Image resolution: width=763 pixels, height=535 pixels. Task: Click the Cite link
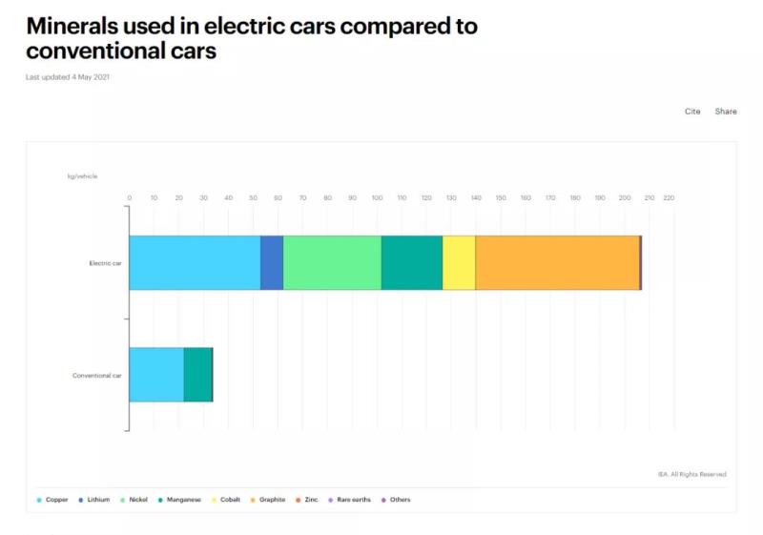(x=692, y=112)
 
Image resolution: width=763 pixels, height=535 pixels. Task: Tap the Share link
(x=726, y=112)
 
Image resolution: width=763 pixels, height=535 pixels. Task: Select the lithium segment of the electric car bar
(x=272, y=262)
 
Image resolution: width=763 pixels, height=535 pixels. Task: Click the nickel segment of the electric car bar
(x=332, y=262)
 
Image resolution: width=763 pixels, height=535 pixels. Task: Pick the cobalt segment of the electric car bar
(x=459, y=262)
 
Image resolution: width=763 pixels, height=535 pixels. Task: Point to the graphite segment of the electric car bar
(x=557, y=262)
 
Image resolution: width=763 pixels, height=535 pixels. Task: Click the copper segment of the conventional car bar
(x=156, y=375)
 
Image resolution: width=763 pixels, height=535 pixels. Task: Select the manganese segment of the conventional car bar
(x=197, y=375)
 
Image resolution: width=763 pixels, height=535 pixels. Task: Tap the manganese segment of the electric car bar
(x=412, y=262)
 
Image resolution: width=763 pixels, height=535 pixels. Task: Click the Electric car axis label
(x=105, y=263)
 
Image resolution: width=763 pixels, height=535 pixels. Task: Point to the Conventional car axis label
(x=97, y=376)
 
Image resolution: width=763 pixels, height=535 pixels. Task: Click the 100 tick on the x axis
(x=377, y=198)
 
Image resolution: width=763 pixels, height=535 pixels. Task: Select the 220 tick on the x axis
(x=669, y=198)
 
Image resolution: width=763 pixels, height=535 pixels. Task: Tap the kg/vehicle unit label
(x=82, y=176)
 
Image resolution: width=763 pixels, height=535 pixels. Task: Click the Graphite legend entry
(x=272, y=500)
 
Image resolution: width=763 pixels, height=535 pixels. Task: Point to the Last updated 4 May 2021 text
(x=74, y=77)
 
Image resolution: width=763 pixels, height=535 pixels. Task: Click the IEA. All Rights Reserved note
(x=691, y=474)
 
